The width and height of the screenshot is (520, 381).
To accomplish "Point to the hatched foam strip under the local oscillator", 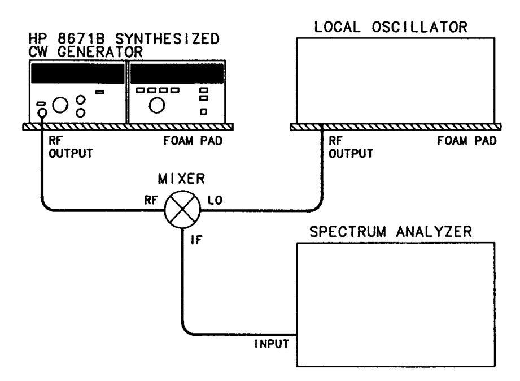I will tap(395, 128).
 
